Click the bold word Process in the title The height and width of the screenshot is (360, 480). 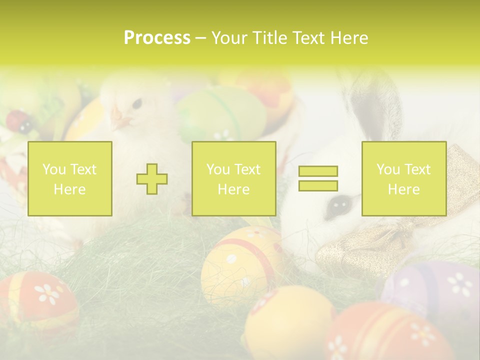coord(157,38)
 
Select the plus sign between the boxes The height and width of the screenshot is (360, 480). coord(152,179)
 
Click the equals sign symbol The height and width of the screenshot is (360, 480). coord(318,178)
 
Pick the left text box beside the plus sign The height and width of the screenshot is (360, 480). coord(69,178)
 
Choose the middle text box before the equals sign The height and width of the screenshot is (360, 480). coord(233,178)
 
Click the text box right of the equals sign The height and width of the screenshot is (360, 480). coord(403,178)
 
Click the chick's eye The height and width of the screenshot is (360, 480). coord(136,104)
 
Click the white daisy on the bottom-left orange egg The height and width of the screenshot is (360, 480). coord(49,293)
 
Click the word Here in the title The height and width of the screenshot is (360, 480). coord(349,38)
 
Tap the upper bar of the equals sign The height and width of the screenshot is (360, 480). coord(318,171)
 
